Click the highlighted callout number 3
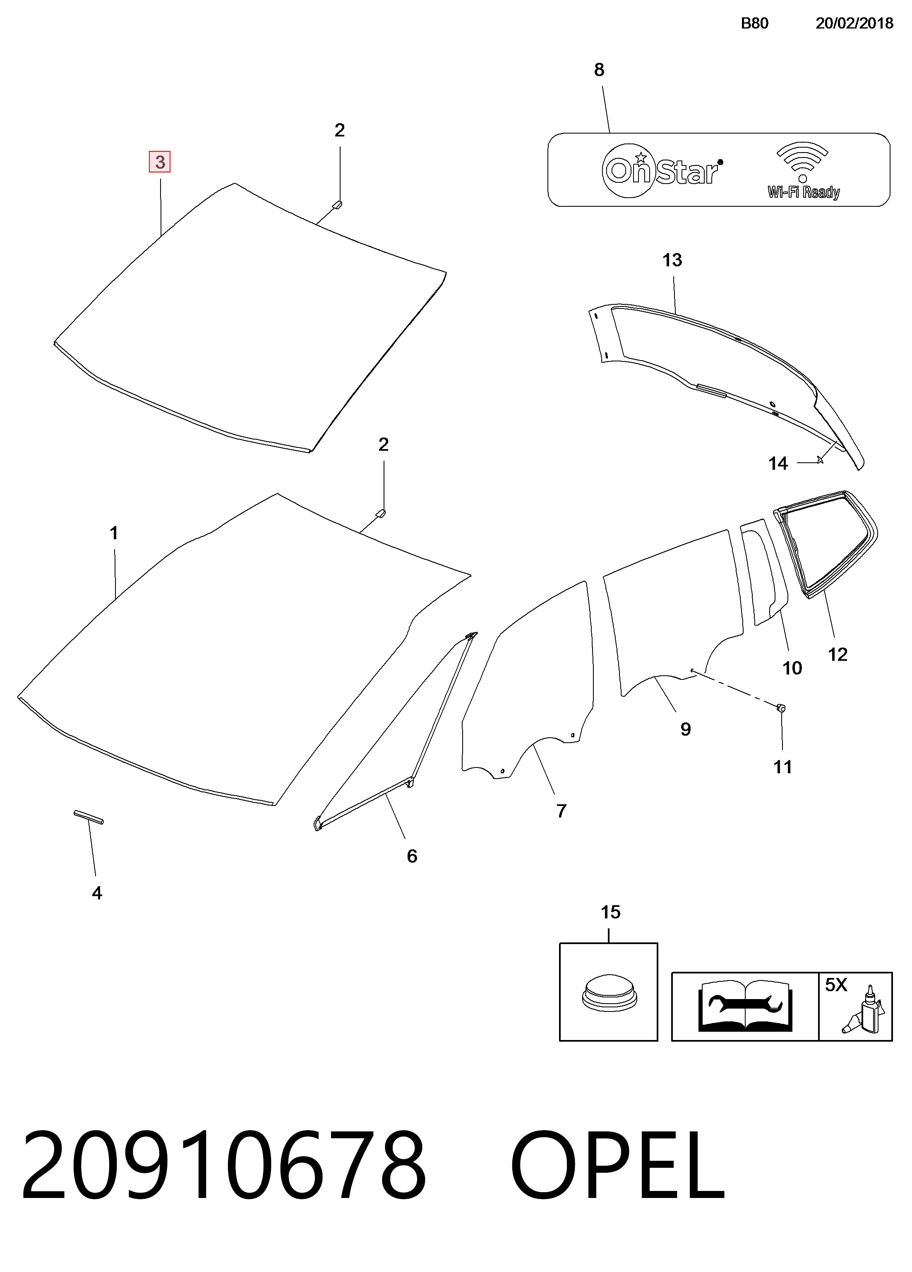tap(160, 162)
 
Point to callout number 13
tap(672, 260)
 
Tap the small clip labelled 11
tap(781, 708)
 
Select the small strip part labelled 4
tap(89, 817)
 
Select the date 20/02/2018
tap(854, 23)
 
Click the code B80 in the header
tap(754, 23)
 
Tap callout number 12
tap(838, 655)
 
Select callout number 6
tap(412, 856)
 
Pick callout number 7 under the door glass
tap(561, 811)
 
